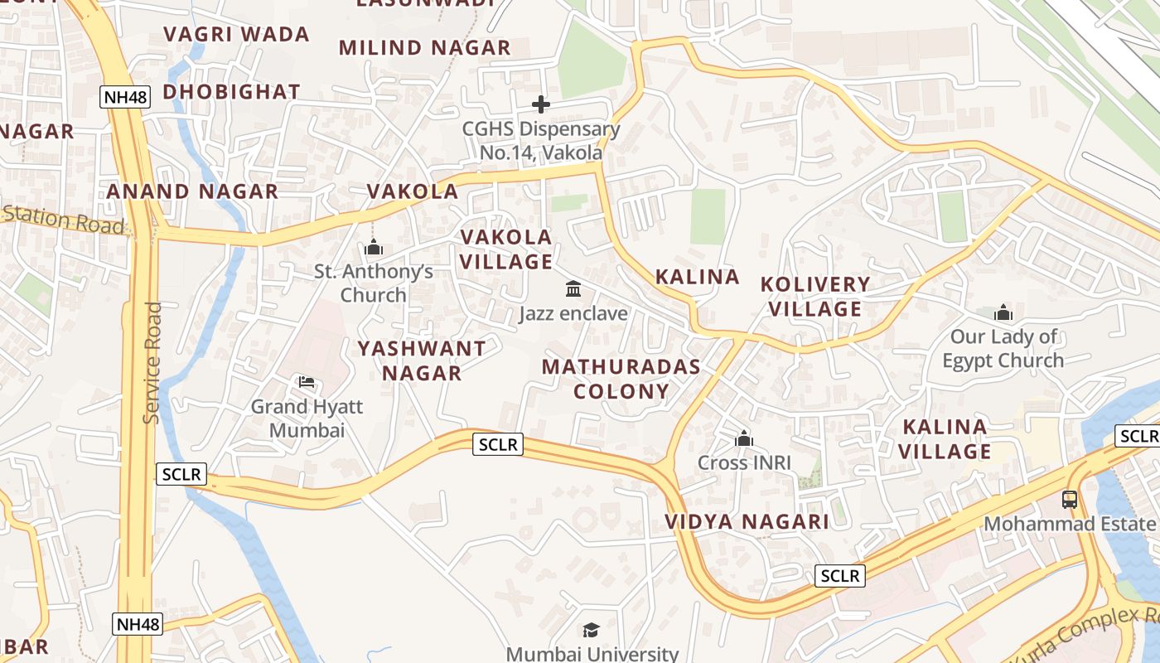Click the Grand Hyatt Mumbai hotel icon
pyautogui.click(x=306, y=382)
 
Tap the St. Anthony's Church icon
pyautogui.click(x=374, y=247)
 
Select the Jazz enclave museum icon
pyautogui.click(x=573, y=289)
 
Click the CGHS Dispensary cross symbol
pyautogui.click(x=541, y=104)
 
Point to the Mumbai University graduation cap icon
pyautogui.click(x=591, y=631)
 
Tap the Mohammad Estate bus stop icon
pyautogui.click(x=1070, y=499)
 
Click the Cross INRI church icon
pyautogui.click(x=744, y=438)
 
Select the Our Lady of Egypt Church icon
pyautogui.click(x=1003, y=312)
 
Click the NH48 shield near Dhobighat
pyautogui.click(x=125, y=97)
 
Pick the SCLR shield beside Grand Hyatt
pyautogui.click(x=181, y=474)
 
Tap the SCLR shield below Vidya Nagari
pyautogui.click(x=840, y=576)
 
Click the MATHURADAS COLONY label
pyautogui.click(x=621, y=379)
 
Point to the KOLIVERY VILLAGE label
pyautogui.click(x=816, y=297)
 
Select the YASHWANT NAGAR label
pyautogui.click(x=422, y=361)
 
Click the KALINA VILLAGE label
pyautogui.click(x=945, y=439)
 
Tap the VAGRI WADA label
pyautogui.click(x=236, y=34)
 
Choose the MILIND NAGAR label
pyautogui.click(x=425, y=47)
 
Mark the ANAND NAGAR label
pyautogui.click(x=192, y=191)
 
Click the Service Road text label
pyautogui.click(x=152, y=363)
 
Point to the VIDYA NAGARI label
pyautogui.click(x=747, y=521)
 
